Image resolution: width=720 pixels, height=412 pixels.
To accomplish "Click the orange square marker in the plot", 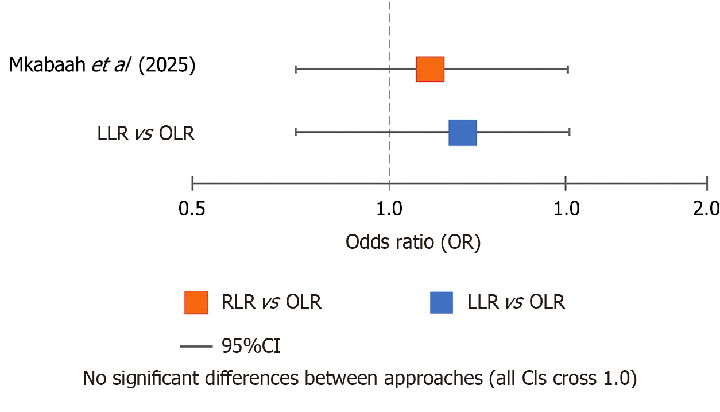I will pyautogui.click(x=430, y=70).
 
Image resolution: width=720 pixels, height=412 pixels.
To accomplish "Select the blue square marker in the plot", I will pyautogui.click(x=463, y=132).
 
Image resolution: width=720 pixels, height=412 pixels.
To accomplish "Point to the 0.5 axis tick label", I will pyautogui.click(x=192, y=209).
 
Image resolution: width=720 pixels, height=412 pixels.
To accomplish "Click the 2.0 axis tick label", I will pyautogui.click(x=706, y=209).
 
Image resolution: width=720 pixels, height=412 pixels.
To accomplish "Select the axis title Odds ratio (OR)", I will pyautogui.click(x=413, y=242).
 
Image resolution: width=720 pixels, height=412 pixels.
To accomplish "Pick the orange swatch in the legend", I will pyautogui.click(x=196, y=303).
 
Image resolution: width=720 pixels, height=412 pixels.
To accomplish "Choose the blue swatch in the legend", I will pyautogui.click(x=442, y=303).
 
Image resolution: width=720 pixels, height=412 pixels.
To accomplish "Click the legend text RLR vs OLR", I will pyautogui.click(x=272, y=302).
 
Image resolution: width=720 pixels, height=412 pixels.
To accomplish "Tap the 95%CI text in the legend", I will pyautogui.click(x=251, y=346).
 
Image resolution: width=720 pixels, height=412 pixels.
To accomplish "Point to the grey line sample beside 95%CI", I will pyautogui.click(x=196, y=346).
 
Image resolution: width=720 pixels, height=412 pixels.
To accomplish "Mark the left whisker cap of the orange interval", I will pyautogui.click(x=296, y=70).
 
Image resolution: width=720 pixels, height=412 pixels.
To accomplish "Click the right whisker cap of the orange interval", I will pyautogui.click(x=568, y=70).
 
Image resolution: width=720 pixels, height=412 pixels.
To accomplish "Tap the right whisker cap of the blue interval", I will pyautogui.click(x=569, y=132).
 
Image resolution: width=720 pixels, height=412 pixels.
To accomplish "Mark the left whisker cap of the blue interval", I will pyautogui.click(x=296, y=132).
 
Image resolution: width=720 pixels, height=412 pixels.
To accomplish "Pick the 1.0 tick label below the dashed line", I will pyautogui.click(x=390, y=209).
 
